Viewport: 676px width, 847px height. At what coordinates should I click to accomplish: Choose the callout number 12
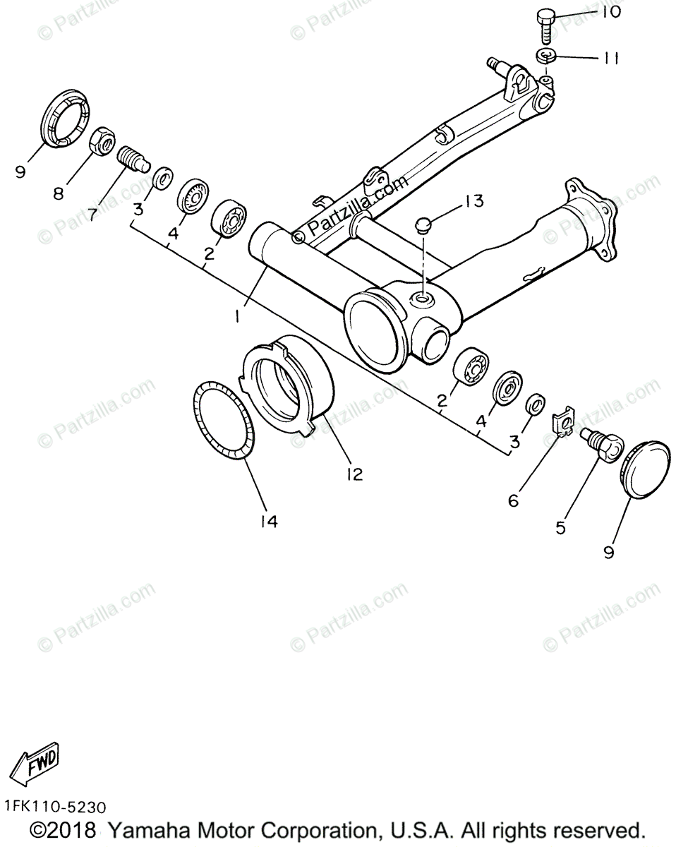354,475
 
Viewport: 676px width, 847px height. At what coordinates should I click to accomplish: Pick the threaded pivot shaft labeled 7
131,158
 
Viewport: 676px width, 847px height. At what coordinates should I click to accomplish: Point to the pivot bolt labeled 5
602,445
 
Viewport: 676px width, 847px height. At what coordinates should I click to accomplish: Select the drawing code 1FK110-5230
54,806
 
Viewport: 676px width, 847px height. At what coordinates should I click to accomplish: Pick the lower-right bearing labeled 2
469,366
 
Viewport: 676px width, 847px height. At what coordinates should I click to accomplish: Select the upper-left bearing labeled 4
191,196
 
